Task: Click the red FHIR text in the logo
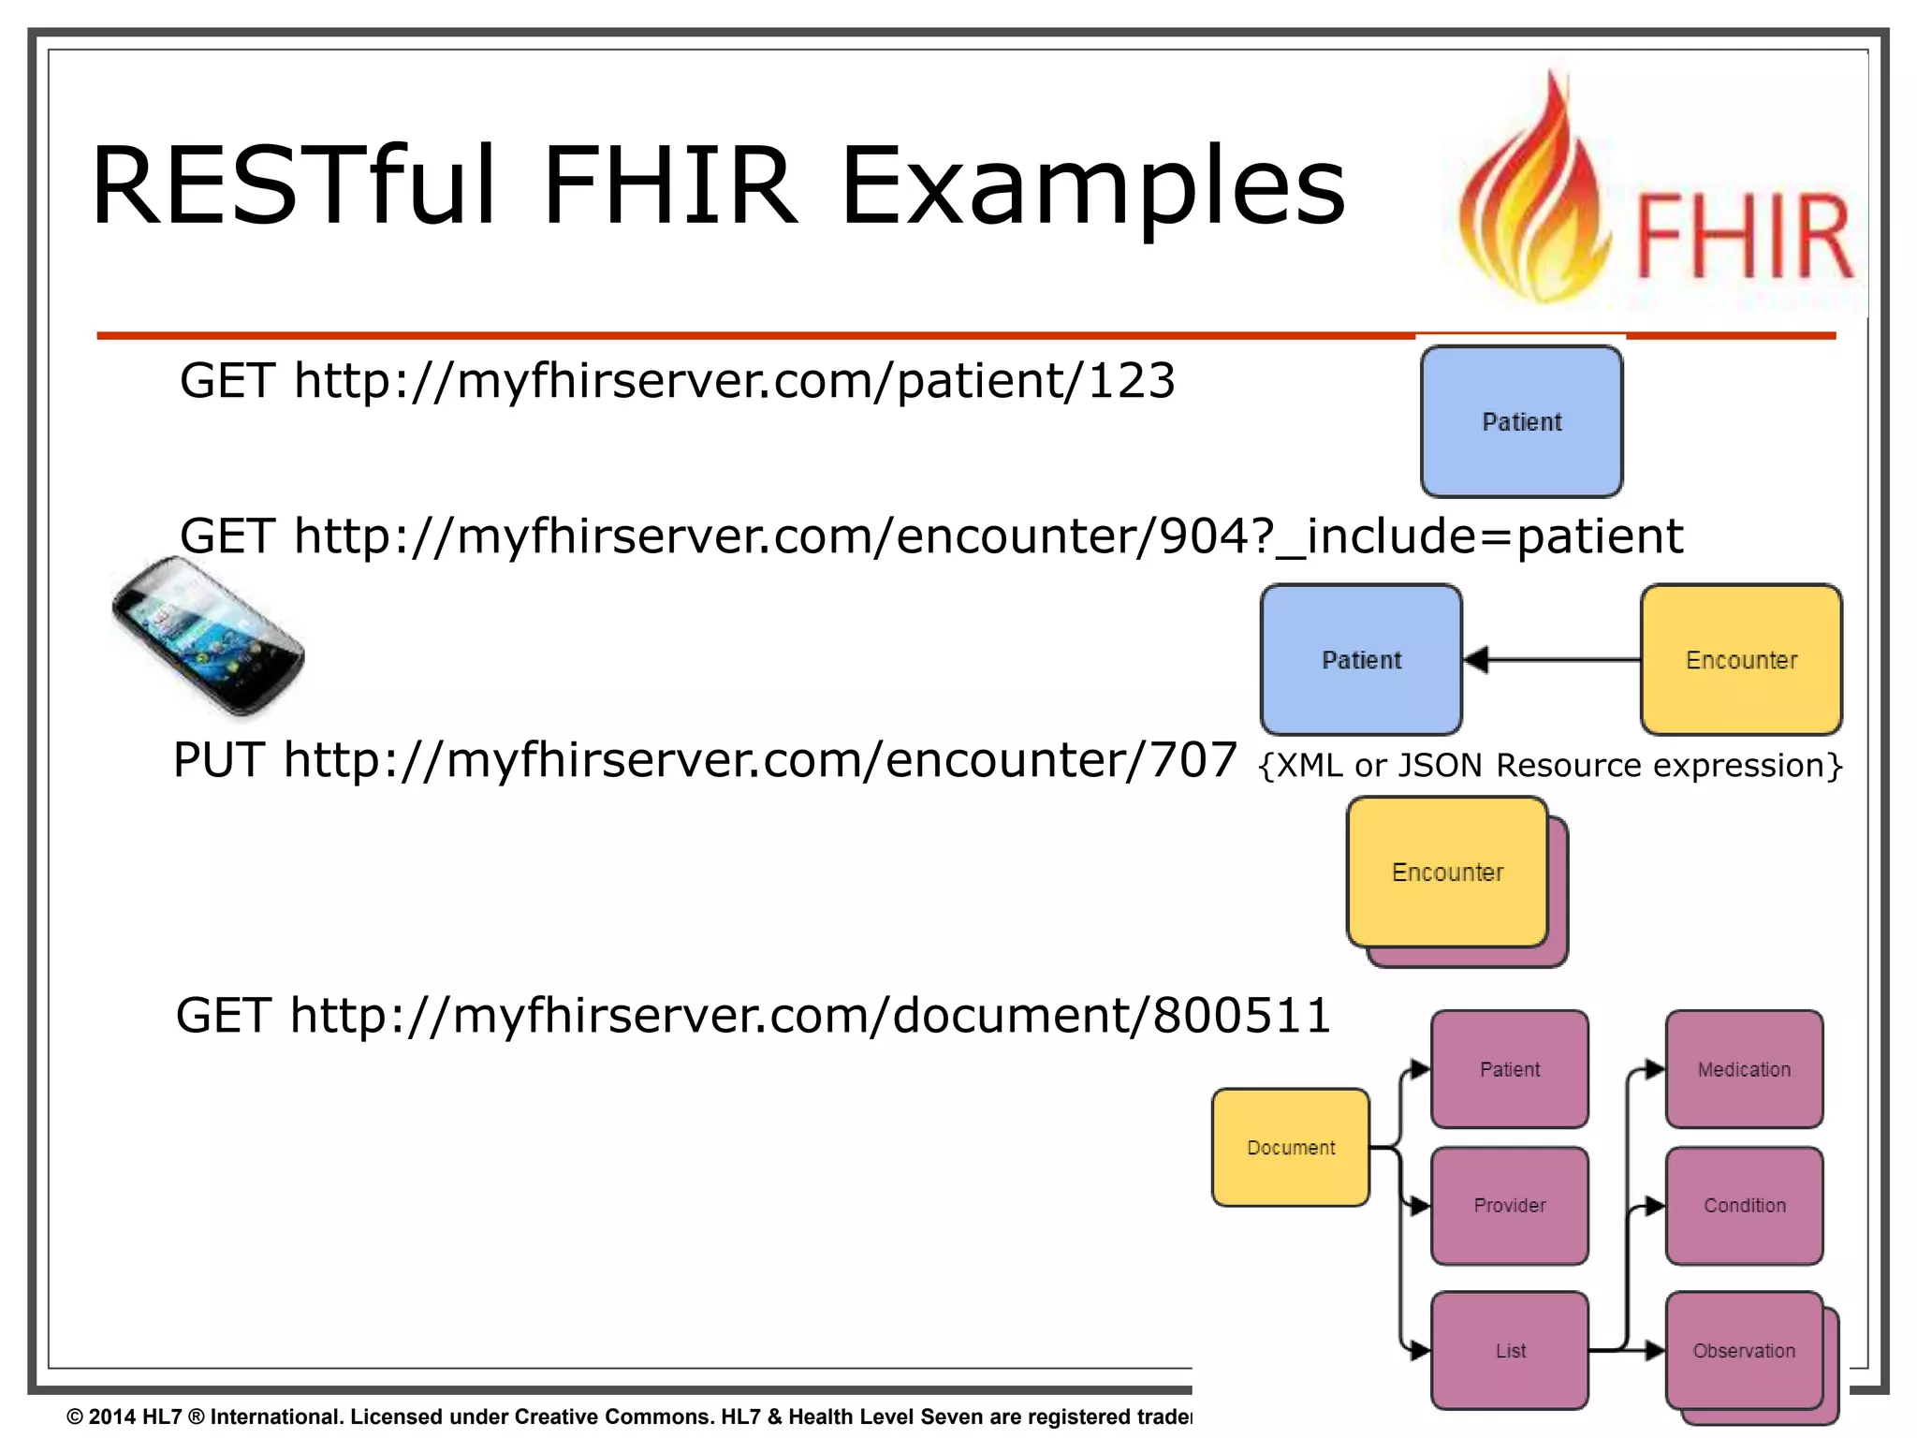click(x=1743, y=236)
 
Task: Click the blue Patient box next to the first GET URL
click(x=1521, y=421)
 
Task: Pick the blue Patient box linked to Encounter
click(x=1361, y=660)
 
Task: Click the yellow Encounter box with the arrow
click(x=1741, y=660)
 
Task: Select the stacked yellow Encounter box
click(x=1447, y=873)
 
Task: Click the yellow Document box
click(x=1290, y=1147)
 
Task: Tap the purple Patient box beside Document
click(x=1509, y=1069)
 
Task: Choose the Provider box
click(x=1509, y=1205)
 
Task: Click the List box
click(x=1509, y=1350)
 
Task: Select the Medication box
click(x=1744, y=1069)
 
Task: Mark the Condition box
click(x=1744, y=1205)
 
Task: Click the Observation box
click(x=1744, y=1350)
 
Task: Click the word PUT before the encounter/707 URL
click(x=219, y=759)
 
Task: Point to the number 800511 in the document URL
click(x=1241, y=1016)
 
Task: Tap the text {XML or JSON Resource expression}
click(x=1550, y=766)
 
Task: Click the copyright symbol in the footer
click(x=75, y=1416)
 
